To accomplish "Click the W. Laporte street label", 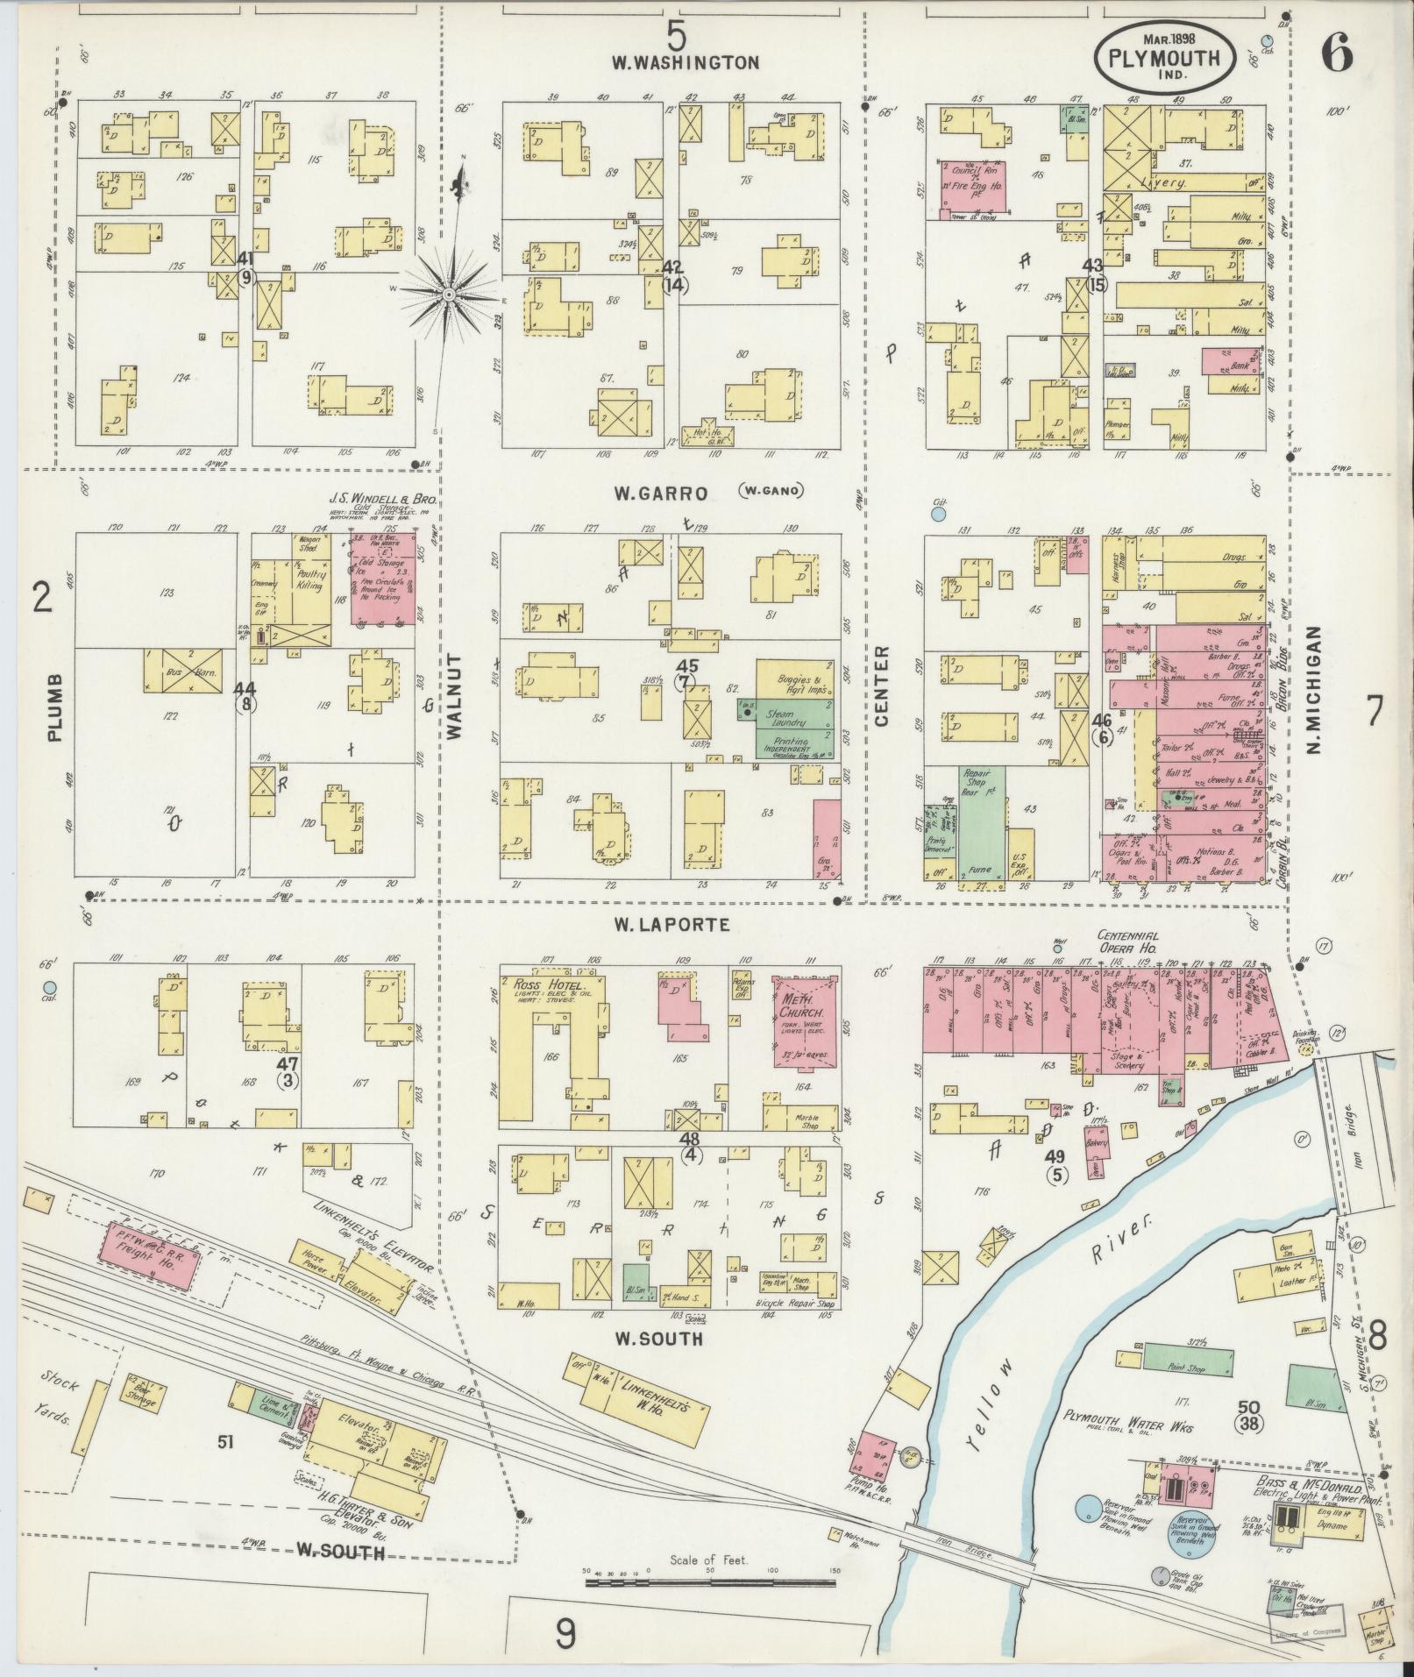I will pos(671,924).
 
